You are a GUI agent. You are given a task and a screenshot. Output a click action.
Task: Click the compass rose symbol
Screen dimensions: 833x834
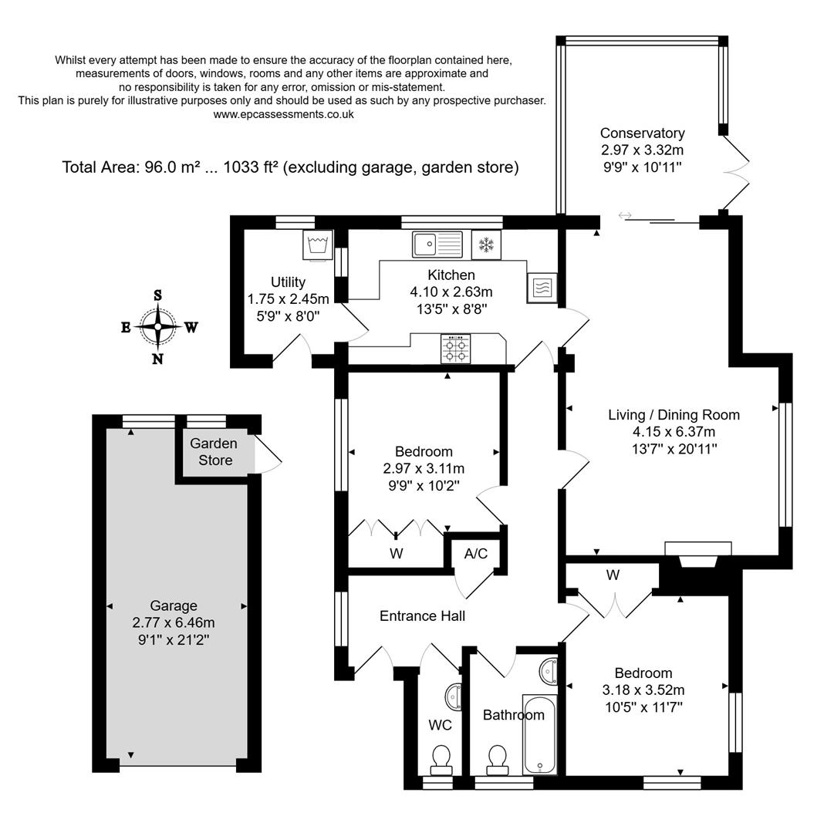158,327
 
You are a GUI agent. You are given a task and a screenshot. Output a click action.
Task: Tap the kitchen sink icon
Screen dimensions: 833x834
437,245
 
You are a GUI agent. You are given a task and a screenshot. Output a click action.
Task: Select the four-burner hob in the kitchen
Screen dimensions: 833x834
455,349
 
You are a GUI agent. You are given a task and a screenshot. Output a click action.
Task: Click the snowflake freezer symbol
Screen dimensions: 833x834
486,245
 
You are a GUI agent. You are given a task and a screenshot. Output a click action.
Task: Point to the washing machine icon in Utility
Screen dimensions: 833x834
318,245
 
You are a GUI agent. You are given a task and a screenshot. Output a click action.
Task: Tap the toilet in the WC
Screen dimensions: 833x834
441,757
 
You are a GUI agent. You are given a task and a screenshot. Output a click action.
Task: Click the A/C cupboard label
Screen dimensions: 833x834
475,553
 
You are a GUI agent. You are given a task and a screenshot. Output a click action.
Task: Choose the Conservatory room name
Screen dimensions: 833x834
642,133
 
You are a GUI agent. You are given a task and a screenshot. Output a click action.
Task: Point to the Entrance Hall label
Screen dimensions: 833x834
422,615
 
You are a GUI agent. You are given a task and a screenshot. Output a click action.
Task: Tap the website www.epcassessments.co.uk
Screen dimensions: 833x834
283,114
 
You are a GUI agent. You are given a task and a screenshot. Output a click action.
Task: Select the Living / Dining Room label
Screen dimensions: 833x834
674,414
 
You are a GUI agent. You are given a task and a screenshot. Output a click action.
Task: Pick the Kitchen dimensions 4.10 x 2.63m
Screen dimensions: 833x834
451,292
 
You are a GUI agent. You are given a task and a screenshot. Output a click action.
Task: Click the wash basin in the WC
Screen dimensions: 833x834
454,695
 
